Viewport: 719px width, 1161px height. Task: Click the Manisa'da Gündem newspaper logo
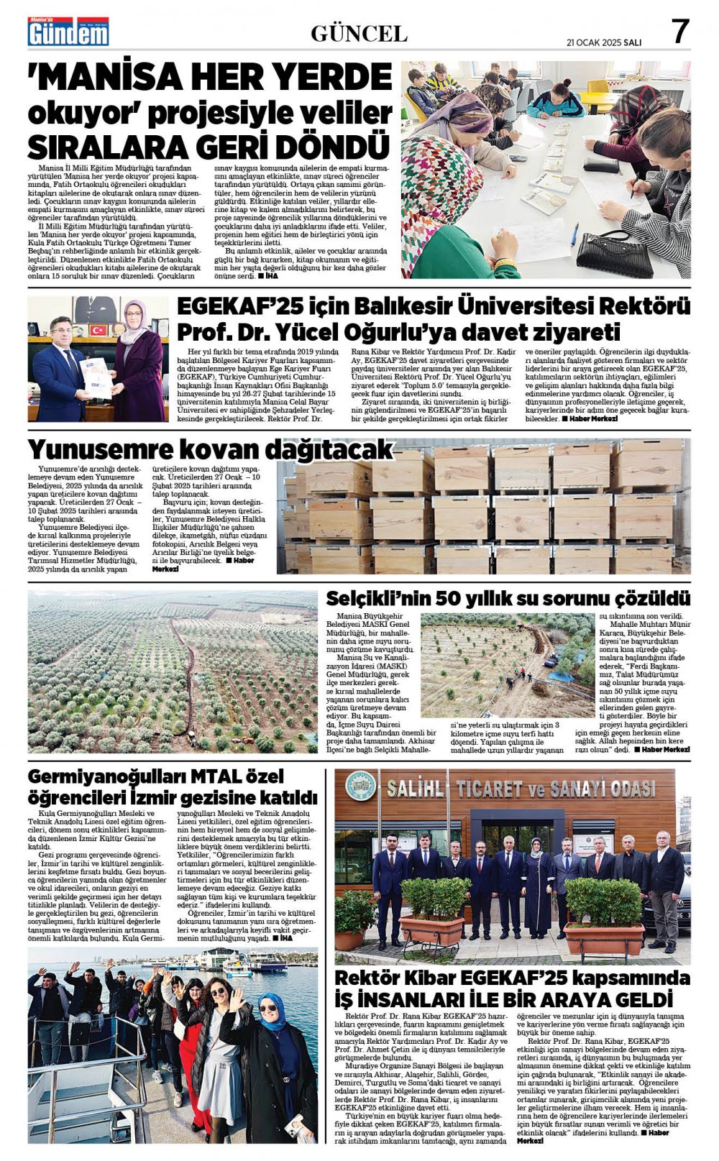click(68, 32)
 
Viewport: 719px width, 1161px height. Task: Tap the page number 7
click(679, 32)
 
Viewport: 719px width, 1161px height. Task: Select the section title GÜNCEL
click(359, 33)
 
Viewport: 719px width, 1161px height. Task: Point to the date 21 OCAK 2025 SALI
click(603, 42)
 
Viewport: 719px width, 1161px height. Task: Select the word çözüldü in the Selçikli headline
click(654, 599)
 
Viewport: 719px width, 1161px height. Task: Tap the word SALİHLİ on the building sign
click(417, 788)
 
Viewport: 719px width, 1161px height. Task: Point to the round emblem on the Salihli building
click(360, 787)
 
